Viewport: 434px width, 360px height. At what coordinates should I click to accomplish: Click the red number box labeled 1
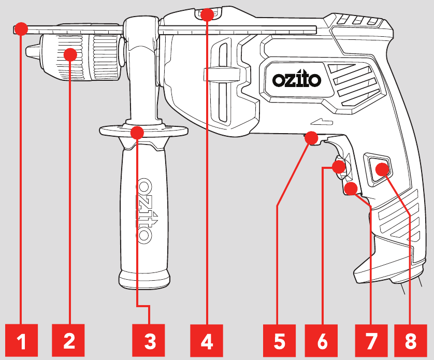(x=21, y=341)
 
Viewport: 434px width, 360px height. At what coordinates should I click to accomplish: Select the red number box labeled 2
(x=69, y=341)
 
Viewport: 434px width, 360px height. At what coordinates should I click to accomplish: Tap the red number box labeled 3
(x=150, y=341)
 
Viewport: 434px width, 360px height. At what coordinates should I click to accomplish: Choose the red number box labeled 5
(x=279, y=341)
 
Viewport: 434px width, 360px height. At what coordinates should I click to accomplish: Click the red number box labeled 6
(x=322, y=341)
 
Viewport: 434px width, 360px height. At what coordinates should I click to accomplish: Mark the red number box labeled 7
(x=371, y=341)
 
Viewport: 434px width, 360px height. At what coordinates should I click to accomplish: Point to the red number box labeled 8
(x=411, y=341)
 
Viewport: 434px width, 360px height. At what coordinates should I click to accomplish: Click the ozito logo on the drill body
(x=297, y=80)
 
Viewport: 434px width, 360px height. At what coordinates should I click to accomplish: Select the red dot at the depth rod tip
(x=21, y=28)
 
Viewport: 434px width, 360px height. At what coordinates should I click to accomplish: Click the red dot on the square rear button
(x=382, y=169)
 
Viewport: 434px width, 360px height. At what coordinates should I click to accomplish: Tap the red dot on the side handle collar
(x=137, y=132)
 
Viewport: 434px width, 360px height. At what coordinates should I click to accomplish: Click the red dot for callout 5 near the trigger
(x=311, y=138)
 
